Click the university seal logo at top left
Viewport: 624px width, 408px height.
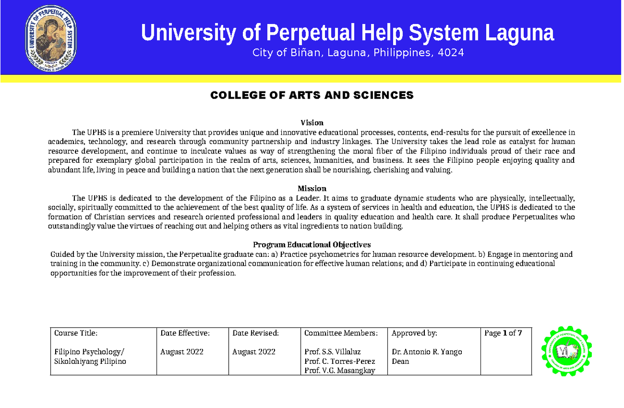(51, 40)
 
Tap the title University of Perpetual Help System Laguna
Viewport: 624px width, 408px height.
(347, 33)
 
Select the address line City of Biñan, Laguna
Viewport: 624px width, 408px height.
(358, 53)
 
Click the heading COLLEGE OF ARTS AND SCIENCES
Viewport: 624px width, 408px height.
(311, 95)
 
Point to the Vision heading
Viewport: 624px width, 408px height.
(312, 123)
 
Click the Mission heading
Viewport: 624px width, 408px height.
(312, 188)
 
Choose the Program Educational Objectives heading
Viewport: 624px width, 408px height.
(311, 245)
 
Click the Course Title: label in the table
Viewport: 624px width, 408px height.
(76, 333)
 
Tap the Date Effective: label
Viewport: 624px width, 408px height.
(185, 333)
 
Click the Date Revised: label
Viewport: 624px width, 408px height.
(256, 333)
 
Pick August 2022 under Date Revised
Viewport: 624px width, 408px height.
(254, 352)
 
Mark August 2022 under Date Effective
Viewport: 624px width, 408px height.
(182, 352)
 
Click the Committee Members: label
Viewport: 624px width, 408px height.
(341, 333)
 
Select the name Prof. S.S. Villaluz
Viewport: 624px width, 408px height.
(333, 352)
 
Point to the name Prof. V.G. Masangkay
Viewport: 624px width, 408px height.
(340, 371)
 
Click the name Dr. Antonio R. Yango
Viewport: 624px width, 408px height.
(426, 352)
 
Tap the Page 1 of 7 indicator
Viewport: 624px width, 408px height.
(503, 333)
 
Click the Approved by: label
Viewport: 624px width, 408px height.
(414, 333)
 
